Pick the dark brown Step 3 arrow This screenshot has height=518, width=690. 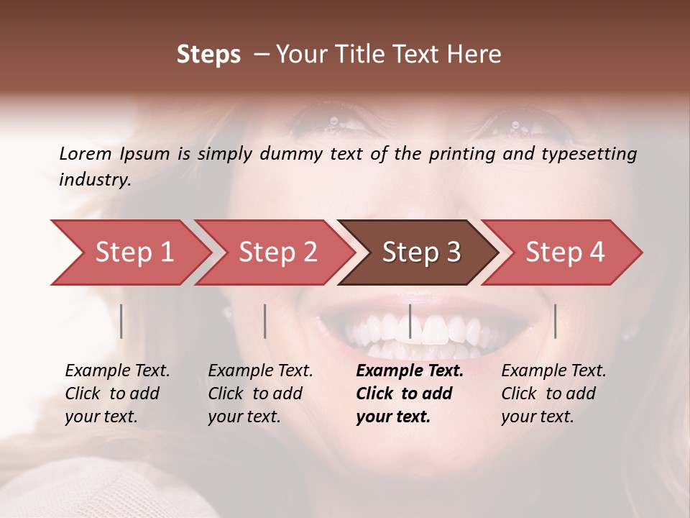(x=421, y=253)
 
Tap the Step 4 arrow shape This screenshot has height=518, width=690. (x=565, y=253)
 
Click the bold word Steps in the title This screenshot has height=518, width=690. (x=208, y=55)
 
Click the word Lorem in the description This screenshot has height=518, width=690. (x=85, y=153)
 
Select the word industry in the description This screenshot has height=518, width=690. (x=95, y=180)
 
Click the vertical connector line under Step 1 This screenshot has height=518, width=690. (x=121, y=321)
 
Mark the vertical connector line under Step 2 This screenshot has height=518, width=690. (x=265, y=321)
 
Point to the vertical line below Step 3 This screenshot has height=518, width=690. (x=410, y=321)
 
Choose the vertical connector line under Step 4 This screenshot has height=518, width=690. (x=555, y=321)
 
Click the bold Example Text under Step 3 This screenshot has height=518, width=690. (x=410, y=371)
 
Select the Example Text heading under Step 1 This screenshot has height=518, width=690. (x=117, y=371)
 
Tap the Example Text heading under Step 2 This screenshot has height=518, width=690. (x=260, y=371)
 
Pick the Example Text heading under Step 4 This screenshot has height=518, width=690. (x=553, y=371)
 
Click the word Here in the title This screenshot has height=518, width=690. (x=477, y=55)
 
